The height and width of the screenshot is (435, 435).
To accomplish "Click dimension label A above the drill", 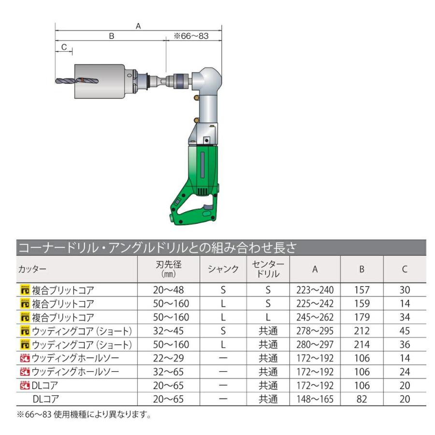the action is [x=138, y=26].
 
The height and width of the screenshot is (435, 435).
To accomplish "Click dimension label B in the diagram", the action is [x=112, y=36].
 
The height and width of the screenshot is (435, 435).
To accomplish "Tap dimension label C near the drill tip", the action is [x=64, y=47].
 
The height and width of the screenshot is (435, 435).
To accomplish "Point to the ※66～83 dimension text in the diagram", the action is [x=191, y=36].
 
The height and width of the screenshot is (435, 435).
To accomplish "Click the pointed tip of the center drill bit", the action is [x=56, y=81].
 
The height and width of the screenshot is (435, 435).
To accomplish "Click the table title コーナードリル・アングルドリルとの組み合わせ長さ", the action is [x=157, y=248].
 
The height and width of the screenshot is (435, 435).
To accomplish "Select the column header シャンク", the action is [x=223, y=269].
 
